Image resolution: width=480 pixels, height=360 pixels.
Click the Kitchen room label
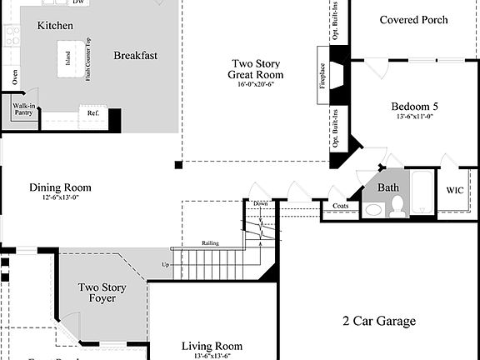coord(55,26)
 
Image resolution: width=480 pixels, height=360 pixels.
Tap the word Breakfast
coord(136,56)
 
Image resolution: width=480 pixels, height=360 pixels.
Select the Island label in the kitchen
coord(67,57)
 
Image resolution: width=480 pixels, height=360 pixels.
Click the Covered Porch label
coord(413,20)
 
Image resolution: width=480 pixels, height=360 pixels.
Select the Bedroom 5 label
coord(414,107)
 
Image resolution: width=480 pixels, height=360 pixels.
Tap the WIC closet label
coord(455,190)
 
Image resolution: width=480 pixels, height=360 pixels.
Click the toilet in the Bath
coord(397,206)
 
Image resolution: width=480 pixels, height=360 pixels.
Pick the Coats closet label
coord(340,206)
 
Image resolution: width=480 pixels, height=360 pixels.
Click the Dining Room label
coord(60,187)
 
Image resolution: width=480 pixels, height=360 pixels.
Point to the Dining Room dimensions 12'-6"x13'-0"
coord(60,198)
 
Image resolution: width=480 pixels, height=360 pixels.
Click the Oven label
coord(15,77)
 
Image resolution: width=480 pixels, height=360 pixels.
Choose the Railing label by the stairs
coord(210,243)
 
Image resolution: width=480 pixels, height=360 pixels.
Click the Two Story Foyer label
coord(102,292)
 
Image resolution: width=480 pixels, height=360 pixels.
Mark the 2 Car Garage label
coord(378,321)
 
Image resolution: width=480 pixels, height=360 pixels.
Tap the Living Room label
coord(212,347)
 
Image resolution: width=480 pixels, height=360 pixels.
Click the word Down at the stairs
coord(261,203)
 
